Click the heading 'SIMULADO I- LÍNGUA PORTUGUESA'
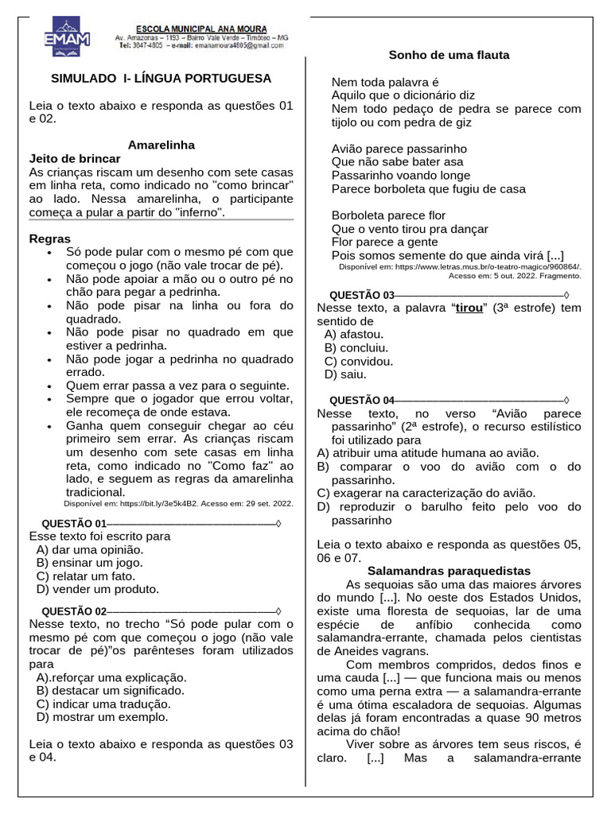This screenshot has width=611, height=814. pyautogui.click(x=162, y=78)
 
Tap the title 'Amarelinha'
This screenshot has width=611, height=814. pyautogui.click(x=162, y=145)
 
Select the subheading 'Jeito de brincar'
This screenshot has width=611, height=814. pyautogui.click(x=75, y=158)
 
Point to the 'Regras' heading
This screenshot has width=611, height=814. pyautogui.click(x=49, y=238)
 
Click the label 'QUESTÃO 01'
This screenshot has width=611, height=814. pyautogui.click(x=73, y=523)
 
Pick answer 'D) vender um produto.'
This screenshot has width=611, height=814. pyautogui.click(x=98, y=589)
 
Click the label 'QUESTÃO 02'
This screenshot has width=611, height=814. pyautogui.click(x=73, y=611)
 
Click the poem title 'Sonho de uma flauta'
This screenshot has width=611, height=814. pyautogui.click(x=449, y=55)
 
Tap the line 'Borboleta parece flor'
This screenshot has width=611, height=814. pyautogui.click(x=388, y=215)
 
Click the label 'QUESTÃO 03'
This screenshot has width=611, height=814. pyautogui.click(x=361, y=295)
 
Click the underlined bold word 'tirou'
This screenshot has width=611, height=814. pyautogui.click(x=469, y=308)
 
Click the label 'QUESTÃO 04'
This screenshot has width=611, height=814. pyautogui.click(x=361, y=400)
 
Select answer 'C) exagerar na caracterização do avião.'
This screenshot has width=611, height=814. pyautogui.click(x=426, y=493)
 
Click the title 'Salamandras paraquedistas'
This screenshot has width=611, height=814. pyautogui.click(x=449, y=571)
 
